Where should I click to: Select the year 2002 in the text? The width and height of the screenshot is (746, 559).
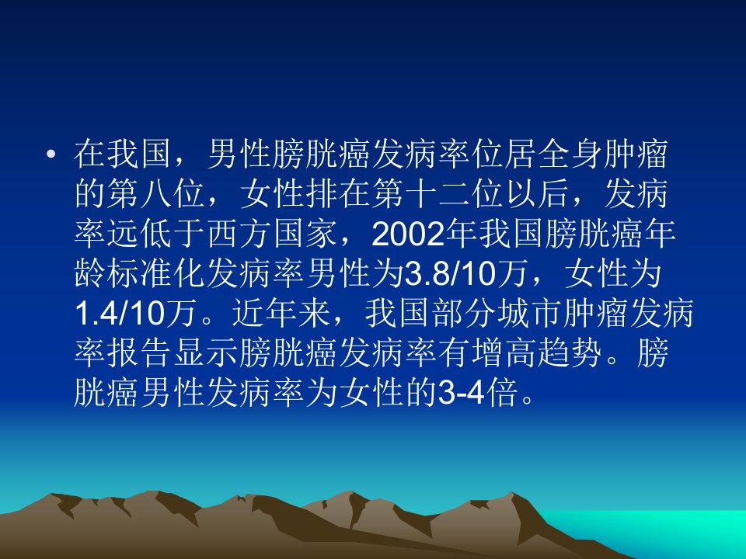pos(408,234)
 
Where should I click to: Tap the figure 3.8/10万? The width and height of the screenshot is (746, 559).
pos(466,274)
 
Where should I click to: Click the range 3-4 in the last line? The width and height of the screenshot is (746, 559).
pos(461,393)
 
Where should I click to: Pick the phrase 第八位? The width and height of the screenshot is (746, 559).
pos(156,194)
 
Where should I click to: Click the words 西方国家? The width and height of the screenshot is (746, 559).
pos(273,234)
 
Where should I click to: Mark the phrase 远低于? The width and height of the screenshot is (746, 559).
pos(156,234)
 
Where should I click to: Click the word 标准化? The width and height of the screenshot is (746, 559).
pos(156,274)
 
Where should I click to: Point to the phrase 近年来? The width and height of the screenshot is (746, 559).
pos(281,314)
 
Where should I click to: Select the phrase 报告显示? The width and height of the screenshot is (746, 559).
pos(173,354)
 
